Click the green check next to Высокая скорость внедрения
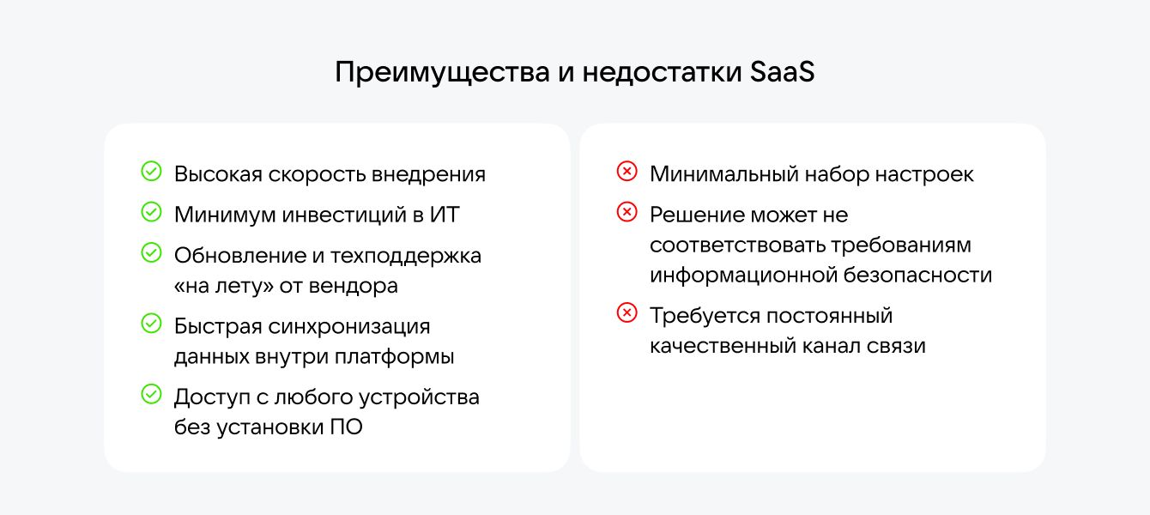click(x=151, y=173)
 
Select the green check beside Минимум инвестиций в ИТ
click(x=151, y=213)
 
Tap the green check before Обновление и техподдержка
click(x=151, y=253)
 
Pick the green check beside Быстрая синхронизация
click(x=151, y=324)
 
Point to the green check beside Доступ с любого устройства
click(x=151, y=395)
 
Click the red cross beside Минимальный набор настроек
click(x=627, y=173)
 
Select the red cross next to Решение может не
click(x=627, y=213)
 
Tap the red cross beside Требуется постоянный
click(x=627, y=314)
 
